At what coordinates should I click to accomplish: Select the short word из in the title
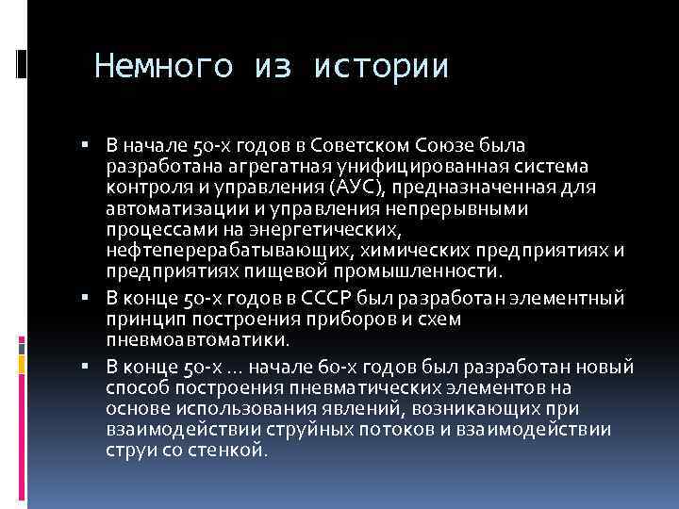point(273,67)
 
